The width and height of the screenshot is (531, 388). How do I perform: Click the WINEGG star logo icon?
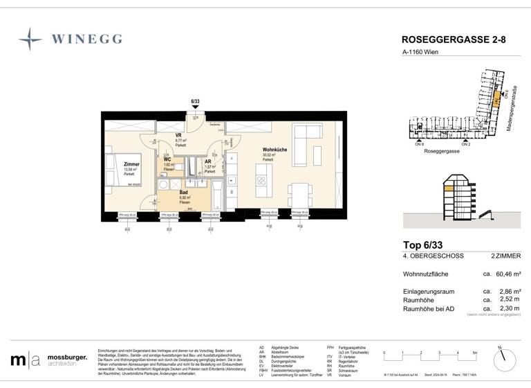pyautogui.click(x=30, y=39)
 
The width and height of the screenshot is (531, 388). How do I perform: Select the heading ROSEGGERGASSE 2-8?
pyautogui.click(x=454, y=40)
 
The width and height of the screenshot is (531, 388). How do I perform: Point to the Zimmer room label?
pyautogui.click(x=131, y=165)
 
